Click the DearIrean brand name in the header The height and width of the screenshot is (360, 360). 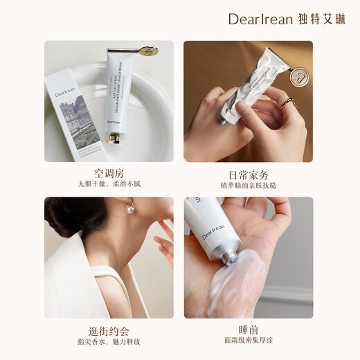[x=262, y=19]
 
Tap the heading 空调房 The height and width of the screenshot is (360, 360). [x=109, y=173]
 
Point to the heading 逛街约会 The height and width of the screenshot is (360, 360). [x=109, y=330]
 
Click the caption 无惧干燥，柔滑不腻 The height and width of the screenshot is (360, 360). [x=109, y=186]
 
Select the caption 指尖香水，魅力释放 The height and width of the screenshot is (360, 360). [x=109, y=342]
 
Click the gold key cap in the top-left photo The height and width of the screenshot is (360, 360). [x=146, y=51]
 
